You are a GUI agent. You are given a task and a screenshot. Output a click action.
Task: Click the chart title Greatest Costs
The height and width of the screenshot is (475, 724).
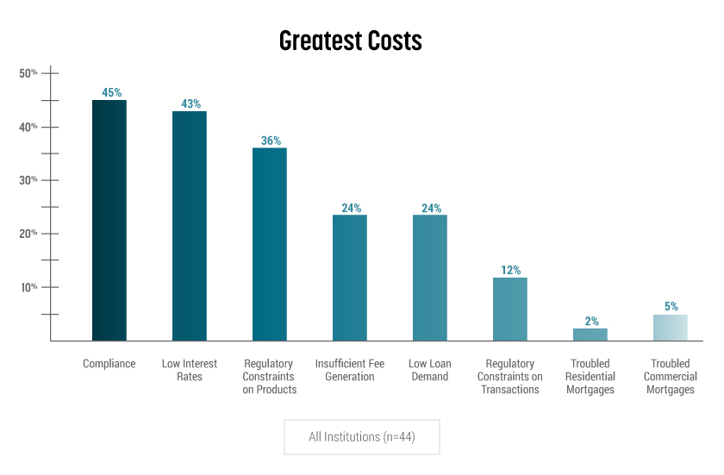[350, 41]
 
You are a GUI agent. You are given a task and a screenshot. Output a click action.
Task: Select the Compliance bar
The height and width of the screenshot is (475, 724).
[109, 220]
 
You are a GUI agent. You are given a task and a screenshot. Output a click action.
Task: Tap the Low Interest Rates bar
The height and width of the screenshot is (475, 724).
[190, 226]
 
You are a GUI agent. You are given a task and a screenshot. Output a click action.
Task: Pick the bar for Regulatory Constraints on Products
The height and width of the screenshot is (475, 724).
[270, 244]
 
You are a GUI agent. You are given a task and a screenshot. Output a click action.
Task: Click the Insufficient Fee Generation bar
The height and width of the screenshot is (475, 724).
[350, 278]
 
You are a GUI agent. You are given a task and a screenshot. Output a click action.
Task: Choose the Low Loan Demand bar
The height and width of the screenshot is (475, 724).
[430, 278]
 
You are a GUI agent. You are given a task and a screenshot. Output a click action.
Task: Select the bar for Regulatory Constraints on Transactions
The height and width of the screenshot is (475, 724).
[510, 309]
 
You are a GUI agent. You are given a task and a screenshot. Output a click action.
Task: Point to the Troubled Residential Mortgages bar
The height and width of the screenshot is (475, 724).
[590, 334]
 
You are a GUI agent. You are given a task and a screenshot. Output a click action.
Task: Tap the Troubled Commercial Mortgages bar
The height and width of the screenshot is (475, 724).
[671, 328]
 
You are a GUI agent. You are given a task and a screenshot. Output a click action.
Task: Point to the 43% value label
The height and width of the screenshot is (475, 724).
[190, 104]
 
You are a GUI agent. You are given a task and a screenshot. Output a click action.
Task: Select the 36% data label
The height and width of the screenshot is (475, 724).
[271, 141]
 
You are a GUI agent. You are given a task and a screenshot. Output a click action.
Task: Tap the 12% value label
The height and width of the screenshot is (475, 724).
[510, 270]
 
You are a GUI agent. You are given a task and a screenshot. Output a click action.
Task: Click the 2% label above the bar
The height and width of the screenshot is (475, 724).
[591, 321]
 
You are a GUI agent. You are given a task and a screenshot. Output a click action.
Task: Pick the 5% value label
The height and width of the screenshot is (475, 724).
[671, 306]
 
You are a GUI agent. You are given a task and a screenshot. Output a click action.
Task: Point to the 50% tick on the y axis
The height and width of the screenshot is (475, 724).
[28, 73]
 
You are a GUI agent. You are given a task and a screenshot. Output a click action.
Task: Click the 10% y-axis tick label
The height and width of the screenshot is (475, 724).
[28, 287]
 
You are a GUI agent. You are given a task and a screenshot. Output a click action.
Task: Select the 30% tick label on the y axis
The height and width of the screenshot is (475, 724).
[28, 180]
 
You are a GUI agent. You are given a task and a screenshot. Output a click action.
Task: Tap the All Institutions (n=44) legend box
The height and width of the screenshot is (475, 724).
[362, 437]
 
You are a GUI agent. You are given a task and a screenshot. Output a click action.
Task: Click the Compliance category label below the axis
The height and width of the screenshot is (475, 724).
[109, 364]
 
